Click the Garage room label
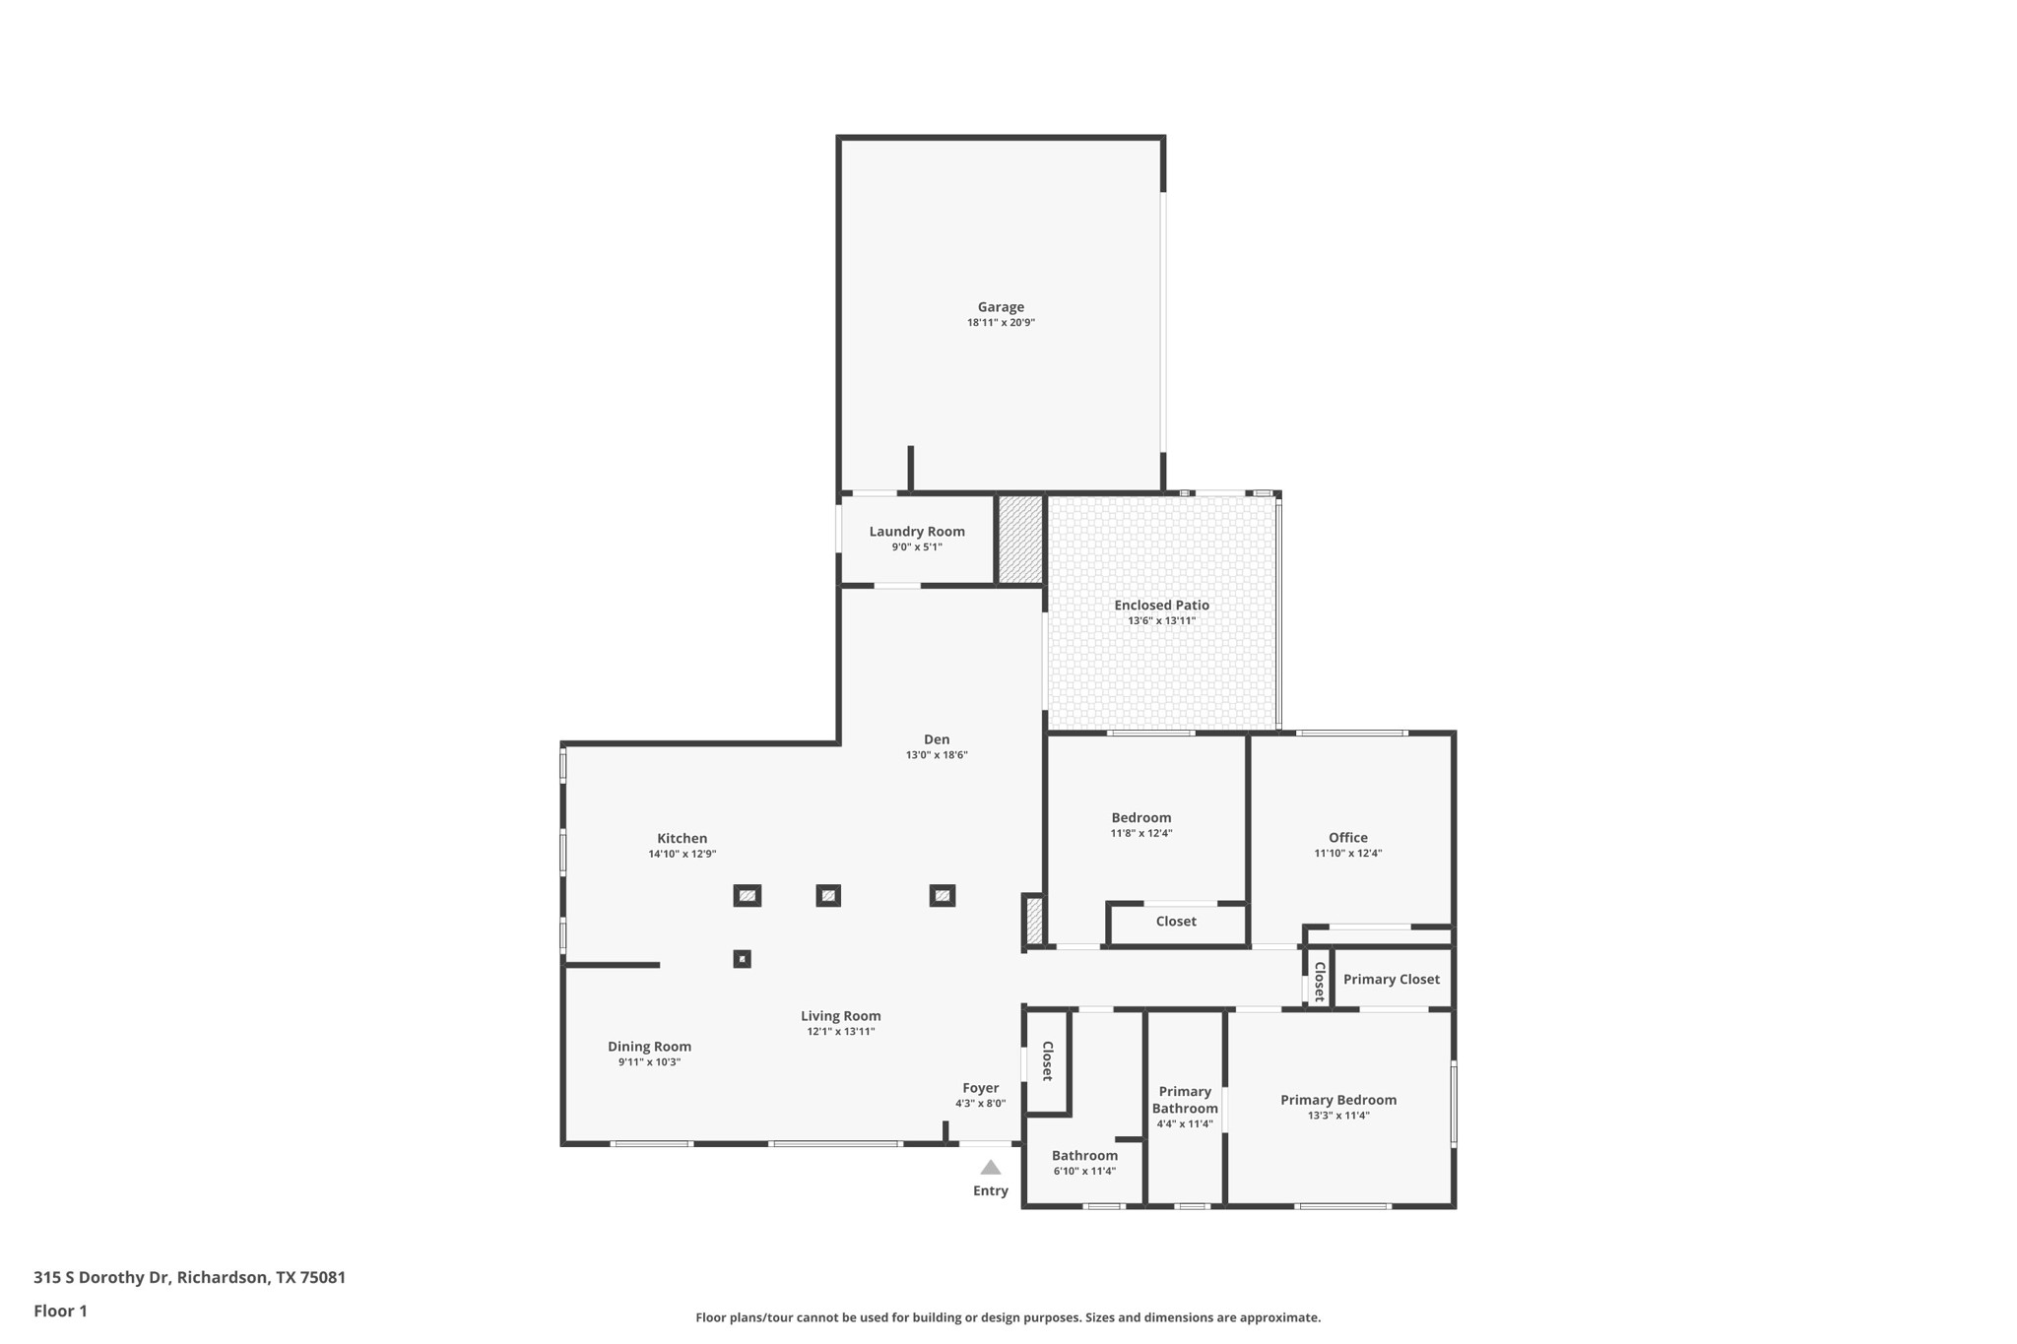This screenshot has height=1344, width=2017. pyautogui.click(x=1001, y=307)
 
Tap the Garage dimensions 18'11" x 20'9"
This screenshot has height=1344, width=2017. pyautogui.click(x=1001, y=323)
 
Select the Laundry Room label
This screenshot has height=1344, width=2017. pyautogui.click(x=917, y=532)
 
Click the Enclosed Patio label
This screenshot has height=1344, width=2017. pyautogui.click(x=1161, y=606)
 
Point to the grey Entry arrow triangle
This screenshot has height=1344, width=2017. pyautogui.click(x=991, y=1168)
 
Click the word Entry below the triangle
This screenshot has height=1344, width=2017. pyautogui.click(x=991, y=1190)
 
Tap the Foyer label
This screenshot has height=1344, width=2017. pyautogui.click(x=980, y=1088)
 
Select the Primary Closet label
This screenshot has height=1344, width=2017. pyautogui.click(x=1391, y=979)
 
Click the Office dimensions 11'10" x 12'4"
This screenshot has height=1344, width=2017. pyautogui.click(x=1347, y=854)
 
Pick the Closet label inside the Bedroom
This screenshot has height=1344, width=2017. pyautogui.click(x=1176, y=922)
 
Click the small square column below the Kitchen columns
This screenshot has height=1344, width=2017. pyautogui.click(x=743, y=959)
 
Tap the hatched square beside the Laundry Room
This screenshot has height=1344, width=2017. pyautogui.click(x=1020, y=540)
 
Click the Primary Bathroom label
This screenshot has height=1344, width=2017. pyautogui.click(x=1185, y=1100)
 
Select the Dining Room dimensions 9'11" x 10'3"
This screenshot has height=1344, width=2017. pyautogui.click(x=649, y=1062)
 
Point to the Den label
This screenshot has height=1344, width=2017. pyautogui.click(x=937, y=739)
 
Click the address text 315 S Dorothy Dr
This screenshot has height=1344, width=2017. pyautogui.click(x=102, y=1277)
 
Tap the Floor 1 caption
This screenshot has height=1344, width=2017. pyautogui.click(x=60, y=1311)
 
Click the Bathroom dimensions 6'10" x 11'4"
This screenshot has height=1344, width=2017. pyautogui.click(x=1084, y=1172)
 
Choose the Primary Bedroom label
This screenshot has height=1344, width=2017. pyautogui.click(x=1338, y=1100)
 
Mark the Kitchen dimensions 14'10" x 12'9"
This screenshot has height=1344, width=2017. pyautogui.click(x=682, y=855)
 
